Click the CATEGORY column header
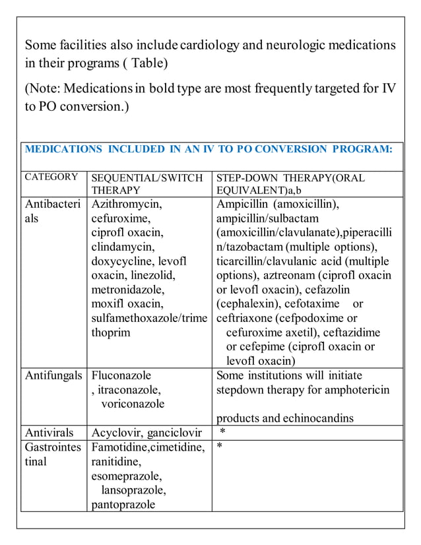coord(51,177)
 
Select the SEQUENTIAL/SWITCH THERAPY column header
coord(147,183)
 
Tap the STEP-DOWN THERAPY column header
coord(290,183)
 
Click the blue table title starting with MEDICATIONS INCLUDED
coord(209,149)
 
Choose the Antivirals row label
coord(49,433)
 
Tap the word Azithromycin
coord(127,204)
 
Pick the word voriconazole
coord(133,404)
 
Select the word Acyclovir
coord(113,433)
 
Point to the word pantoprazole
coord(123,505)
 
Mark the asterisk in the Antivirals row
coord(223,433)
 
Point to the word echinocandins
coord(321,418)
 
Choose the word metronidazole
coord(128,290)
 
